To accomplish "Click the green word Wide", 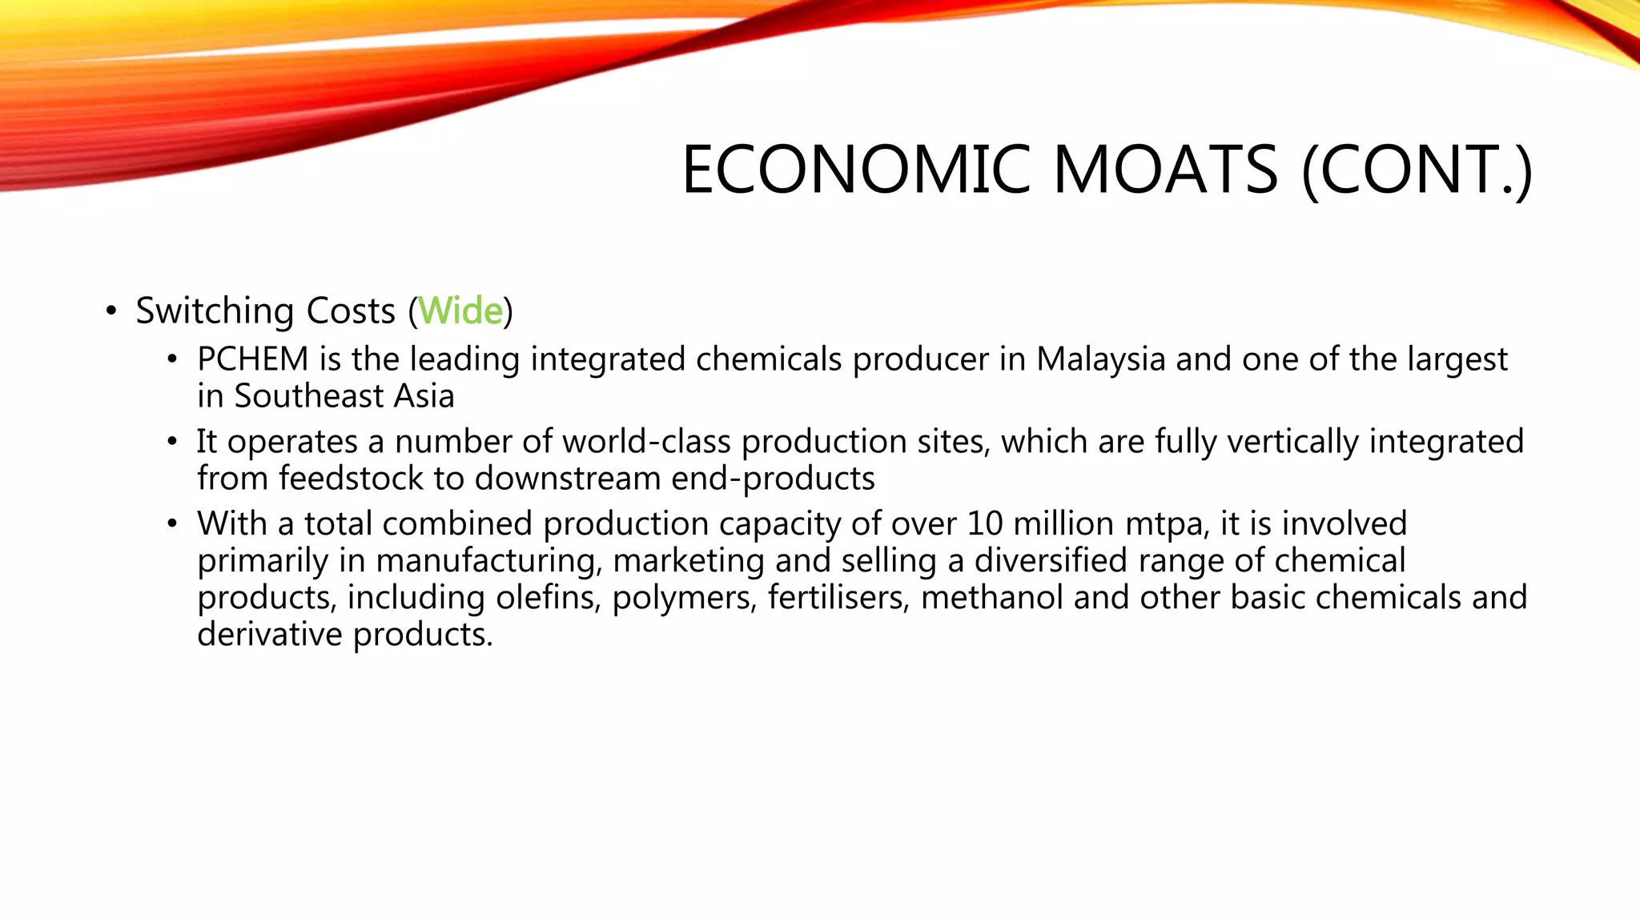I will (x=460, y=311).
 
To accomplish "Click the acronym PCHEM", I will (x=252, y=359).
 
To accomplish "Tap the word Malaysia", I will (x=1100, y=360).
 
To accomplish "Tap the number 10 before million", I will (x=984, y=524).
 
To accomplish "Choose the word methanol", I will (x=991, y=598).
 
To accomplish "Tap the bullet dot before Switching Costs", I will (x=111, y=311).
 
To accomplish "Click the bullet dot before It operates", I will (x=172, y=442).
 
